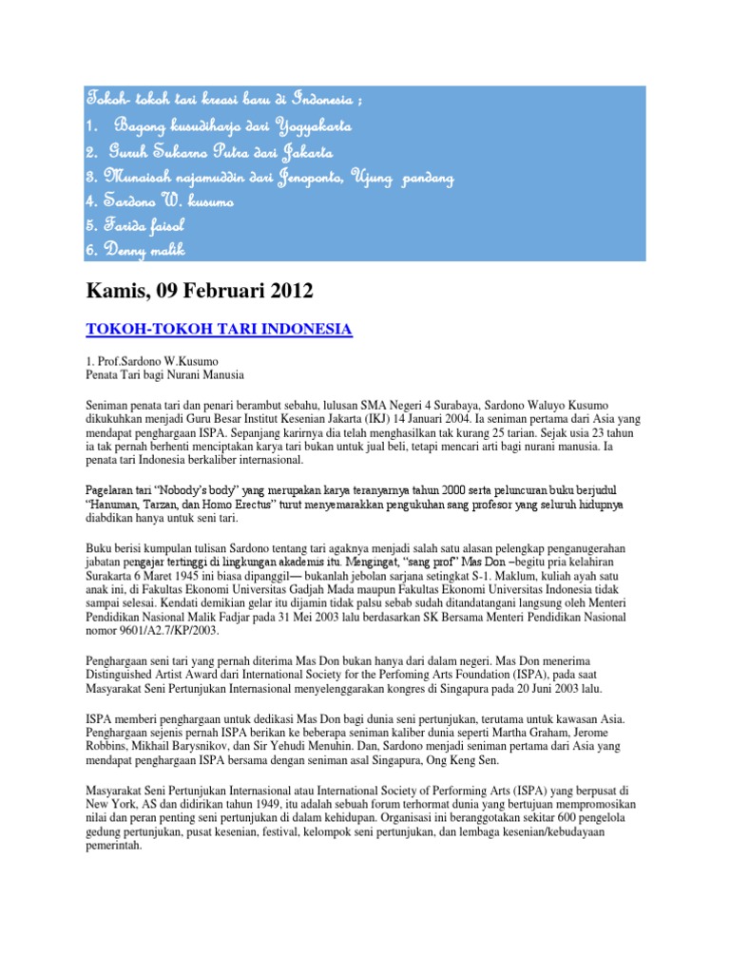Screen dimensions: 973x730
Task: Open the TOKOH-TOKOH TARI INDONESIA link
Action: pyautogui.click(x=219, y=330)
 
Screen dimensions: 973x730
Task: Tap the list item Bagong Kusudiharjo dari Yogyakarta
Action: pyautogui.click(x=220, y=125)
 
